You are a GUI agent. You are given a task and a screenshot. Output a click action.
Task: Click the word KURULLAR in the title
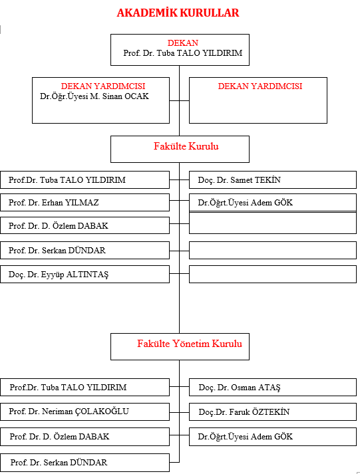(x=210, y=13)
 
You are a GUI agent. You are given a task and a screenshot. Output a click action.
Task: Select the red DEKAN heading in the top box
(x=183, y=43)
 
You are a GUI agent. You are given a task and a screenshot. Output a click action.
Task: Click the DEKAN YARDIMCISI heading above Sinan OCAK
(x=103, y=86)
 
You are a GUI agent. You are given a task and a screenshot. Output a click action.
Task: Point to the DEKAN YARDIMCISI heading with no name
(x=260, y=86)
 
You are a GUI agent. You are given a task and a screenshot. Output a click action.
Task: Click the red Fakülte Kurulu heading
(x=186, y=146)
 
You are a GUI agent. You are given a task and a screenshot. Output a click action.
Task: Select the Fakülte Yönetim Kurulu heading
(x=190, y=344)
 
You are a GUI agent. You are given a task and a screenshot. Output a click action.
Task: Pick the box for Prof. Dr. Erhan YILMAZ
(x=85, y=203)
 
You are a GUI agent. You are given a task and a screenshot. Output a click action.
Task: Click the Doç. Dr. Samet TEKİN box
(x=273, y=180)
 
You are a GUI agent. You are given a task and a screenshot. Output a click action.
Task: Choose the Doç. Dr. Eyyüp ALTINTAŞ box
(x=85, y=275)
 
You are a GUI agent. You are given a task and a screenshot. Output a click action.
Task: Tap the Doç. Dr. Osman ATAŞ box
(x=273, y=387)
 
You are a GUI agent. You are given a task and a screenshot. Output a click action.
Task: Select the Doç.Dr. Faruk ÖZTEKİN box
(x=273, y=412)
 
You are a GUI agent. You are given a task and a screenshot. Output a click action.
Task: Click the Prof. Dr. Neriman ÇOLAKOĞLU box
(x=85, y=412)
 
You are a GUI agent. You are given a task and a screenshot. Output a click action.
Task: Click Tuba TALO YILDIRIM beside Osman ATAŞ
(x=83, y=387)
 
